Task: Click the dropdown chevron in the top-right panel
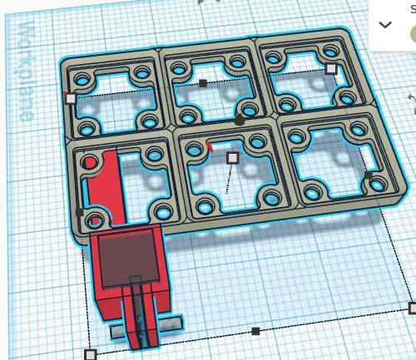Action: pyautogui.click(x=385, y=25)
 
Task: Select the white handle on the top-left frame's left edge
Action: pyautogui.click(x=71, y=98)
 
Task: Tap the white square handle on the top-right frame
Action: pyautogui.click(x=331, y=69)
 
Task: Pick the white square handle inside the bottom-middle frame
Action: pyautogui.click(x=233, y=157)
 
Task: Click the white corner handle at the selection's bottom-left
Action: pyautogui.click(x=91, y=355)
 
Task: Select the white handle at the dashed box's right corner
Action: pyautogui.click(x=412, y=308)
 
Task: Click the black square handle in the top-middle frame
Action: pyautogui.click(x=204, y=83)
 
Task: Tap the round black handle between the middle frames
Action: pyautogui.click(x=240, y=121)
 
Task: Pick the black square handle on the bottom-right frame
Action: pyautogui.click(x=369, y=175)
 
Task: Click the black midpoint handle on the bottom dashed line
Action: pyautogui.click(x=255, y=331)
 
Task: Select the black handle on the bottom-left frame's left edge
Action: pyautogui.click(x=80, y=212)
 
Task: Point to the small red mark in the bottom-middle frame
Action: pyautogui.click(x=210, y=147)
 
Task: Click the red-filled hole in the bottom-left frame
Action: pyautogui.click(x=90, y=163)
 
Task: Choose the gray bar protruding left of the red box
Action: pyautogui.click(x=118, y=332)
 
